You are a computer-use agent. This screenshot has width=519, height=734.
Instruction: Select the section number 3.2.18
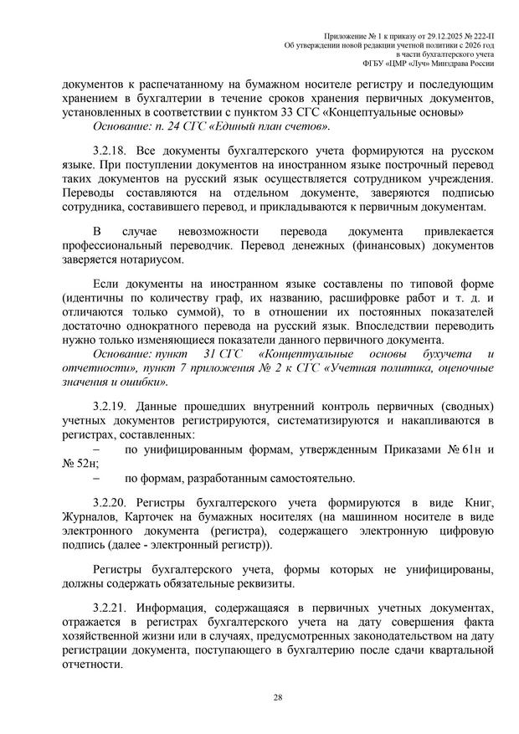[112, 151]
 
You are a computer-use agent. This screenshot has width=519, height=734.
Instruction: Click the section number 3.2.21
[112, 604]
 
